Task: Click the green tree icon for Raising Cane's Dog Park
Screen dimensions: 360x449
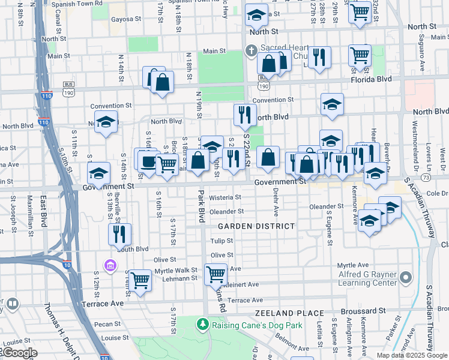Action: point(203,325)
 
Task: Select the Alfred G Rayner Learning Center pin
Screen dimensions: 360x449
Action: point(406,277)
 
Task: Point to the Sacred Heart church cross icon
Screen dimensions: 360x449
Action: point(250,51)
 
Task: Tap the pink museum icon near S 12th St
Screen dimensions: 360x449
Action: point(110,265)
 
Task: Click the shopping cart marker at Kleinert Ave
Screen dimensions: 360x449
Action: point(215,274)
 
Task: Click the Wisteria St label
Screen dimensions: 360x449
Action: point(225,197)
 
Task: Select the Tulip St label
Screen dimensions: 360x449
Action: point(221,241)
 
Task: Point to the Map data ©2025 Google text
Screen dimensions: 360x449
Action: point(411,355)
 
